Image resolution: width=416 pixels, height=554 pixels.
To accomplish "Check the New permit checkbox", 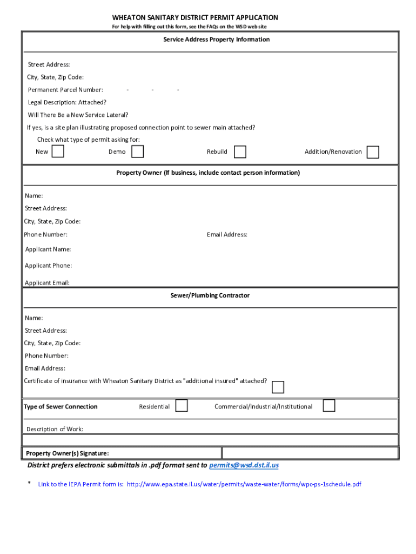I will (58, 151).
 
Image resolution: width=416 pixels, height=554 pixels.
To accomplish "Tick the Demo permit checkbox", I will (138, 151).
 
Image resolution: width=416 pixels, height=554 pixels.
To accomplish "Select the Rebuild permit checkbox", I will (240, 152).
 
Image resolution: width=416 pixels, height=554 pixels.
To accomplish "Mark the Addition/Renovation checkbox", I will (373, 152).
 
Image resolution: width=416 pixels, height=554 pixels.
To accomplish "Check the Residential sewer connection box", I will (182, 405).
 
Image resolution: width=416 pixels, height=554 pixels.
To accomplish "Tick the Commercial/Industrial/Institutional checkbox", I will (329, 405).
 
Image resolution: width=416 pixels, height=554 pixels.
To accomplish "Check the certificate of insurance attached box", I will (278, 387).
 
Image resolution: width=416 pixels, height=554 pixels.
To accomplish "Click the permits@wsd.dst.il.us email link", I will (244, 465).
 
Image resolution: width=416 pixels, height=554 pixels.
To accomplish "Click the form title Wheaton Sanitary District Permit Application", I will (195, 18).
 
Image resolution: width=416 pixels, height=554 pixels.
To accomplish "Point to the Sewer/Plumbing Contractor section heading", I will (210, 295).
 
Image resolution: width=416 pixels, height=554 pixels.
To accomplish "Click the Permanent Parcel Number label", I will (65, 90).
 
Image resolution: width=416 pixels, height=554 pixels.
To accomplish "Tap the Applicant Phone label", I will (48, 266).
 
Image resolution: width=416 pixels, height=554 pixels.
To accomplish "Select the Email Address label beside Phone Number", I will (227, 235).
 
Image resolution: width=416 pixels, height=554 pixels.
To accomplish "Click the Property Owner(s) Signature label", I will (67, 453).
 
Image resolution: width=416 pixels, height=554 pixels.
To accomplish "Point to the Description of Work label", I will (55, 429).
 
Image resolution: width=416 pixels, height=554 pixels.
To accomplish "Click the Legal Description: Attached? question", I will (67, 102).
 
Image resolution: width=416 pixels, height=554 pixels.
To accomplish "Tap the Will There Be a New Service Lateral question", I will (78, 115).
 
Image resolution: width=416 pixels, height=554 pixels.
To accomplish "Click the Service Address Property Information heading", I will (217, 39).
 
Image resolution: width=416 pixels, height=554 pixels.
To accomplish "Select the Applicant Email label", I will (47, 282).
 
